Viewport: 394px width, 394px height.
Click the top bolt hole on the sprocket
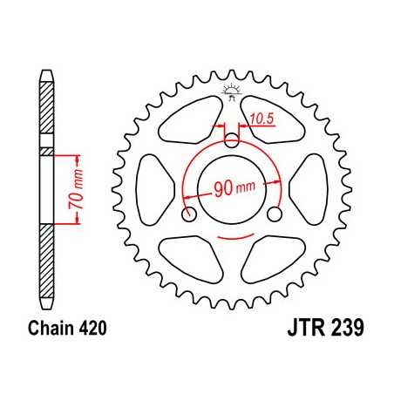point(232,139)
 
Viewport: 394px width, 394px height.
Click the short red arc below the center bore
point(232,236)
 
